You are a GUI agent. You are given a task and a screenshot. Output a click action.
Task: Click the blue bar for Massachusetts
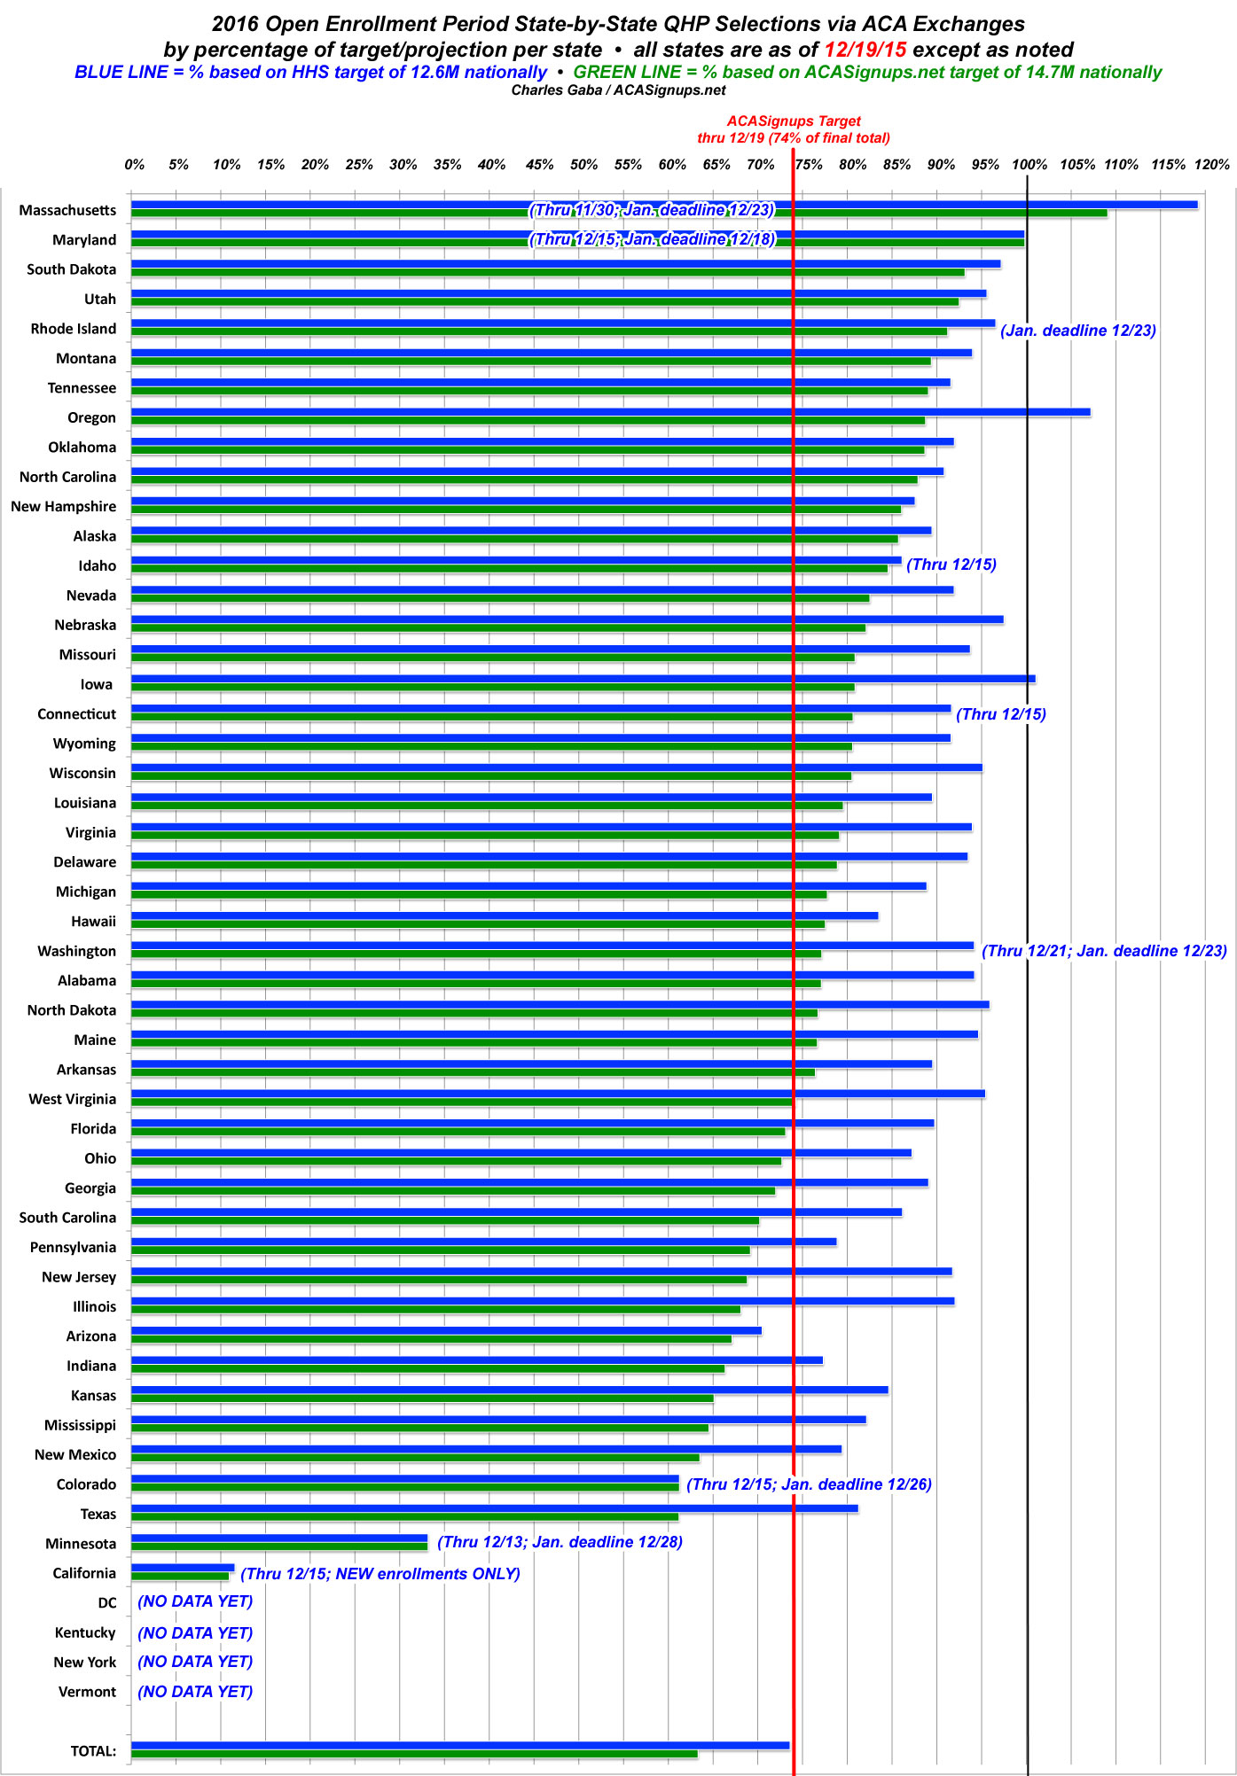coord(665,205)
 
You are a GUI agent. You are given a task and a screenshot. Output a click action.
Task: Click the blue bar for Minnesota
coord(279,1538)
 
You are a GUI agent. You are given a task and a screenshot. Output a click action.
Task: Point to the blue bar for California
coord(183,1568)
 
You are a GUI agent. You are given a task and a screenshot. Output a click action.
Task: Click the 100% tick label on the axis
coord(1029,165)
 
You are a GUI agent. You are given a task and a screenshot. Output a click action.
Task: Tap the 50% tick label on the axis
coord(583,165)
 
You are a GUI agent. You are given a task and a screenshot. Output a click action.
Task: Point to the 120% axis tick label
coord(1211,165)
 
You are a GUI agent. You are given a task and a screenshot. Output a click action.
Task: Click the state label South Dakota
coord(72,269)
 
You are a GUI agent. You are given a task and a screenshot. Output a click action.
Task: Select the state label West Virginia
coord(73,1099)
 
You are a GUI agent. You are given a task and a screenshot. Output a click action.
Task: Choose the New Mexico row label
coord(75,1454)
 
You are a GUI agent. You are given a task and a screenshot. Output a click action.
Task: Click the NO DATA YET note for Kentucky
coord(195,1632)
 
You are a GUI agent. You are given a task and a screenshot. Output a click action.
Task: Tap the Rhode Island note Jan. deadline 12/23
coord(1078,331)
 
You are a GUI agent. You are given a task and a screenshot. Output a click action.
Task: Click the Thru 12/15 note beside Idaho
coord(951,565)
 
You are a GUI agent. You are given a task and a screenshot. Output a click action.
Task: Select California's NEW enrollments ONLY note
coord(380,1574)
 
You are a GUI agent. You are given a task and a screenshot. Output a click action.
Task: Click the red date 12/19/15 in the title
coord(865,50)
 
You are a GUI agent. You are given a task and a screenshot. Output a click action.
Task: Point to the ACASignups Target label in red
coord(794,121)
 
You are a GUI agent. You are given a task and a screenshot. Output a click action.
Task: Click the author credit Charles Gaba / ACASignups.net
coord(618,90)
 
